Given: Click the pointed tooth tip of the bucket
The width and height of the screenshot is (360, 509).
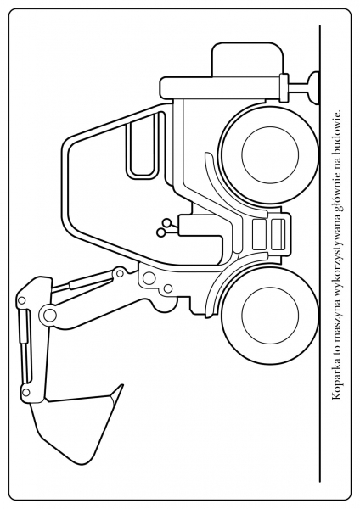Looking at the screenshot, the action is coord(122,386).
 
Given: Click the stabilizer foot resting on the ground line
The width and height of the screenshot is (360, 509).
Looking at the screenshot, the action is coord(314,88).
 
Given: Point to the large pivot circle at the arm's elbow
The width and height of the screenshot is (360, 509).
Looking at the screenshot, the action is coord(49,314).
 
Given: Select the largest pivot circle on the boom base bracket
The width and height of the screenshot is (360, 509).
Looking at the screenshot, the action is coord(149,277).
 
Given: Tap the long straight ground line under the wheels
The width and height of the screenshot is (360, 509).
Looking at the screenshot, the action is coord(320,254).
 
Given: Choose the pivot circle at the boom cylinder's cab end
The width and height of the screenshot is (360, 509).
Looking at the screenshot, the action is coord(121,272).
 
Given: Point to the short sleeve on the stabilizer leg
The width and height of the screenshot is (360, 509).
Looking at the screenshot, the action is coord(284,87).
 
